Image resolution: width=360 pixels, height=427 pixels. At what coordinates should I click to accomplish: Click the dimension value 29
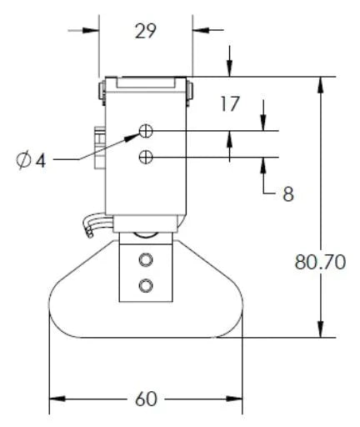tap(146, 32)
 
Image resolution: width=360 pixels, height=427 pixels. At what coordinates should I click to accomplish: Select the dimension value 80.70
tap(320, 262)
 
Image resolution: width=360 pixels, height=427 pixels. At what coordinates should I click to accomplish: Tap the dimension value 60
tap(146, 399)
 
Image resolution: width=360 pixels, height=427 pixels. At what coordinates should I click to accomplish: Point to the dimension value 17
tap(231, 104)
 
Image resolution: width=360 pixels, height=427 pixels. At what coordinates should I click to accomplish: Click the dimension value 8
tap(287, 194)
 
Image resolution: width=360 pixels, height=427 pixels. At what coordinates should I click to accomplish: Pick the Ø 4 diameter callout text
tap(31, 158)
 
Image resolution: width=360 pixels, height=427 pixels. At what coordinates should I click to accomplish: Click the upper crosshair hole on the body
tap(147, 131)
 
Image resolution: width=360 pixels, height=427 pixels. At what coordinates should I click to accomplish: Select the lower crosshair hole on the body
tap(147, 156)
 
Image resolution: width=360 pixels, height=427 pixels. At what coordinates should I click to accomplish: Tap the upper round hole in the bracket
tap(147, 258)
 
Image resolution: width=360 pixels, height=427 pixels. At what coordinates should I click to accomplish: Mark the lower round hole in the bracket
tap(147, 285)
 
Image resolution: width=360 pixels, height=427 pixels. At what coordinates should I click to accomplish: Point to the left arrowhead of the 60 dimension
tap(57, 399)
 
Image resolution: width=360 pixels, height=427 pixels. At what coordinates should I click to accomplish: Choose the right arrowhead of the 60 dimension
tap(236, 399)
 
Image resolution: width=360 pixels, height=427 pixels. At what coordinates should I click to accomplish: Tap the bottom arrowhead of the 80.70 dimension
tap(320, 331)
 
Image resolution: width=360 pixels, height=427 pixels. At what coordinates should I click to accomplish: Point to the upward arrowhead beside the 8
tap(263, 163)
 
